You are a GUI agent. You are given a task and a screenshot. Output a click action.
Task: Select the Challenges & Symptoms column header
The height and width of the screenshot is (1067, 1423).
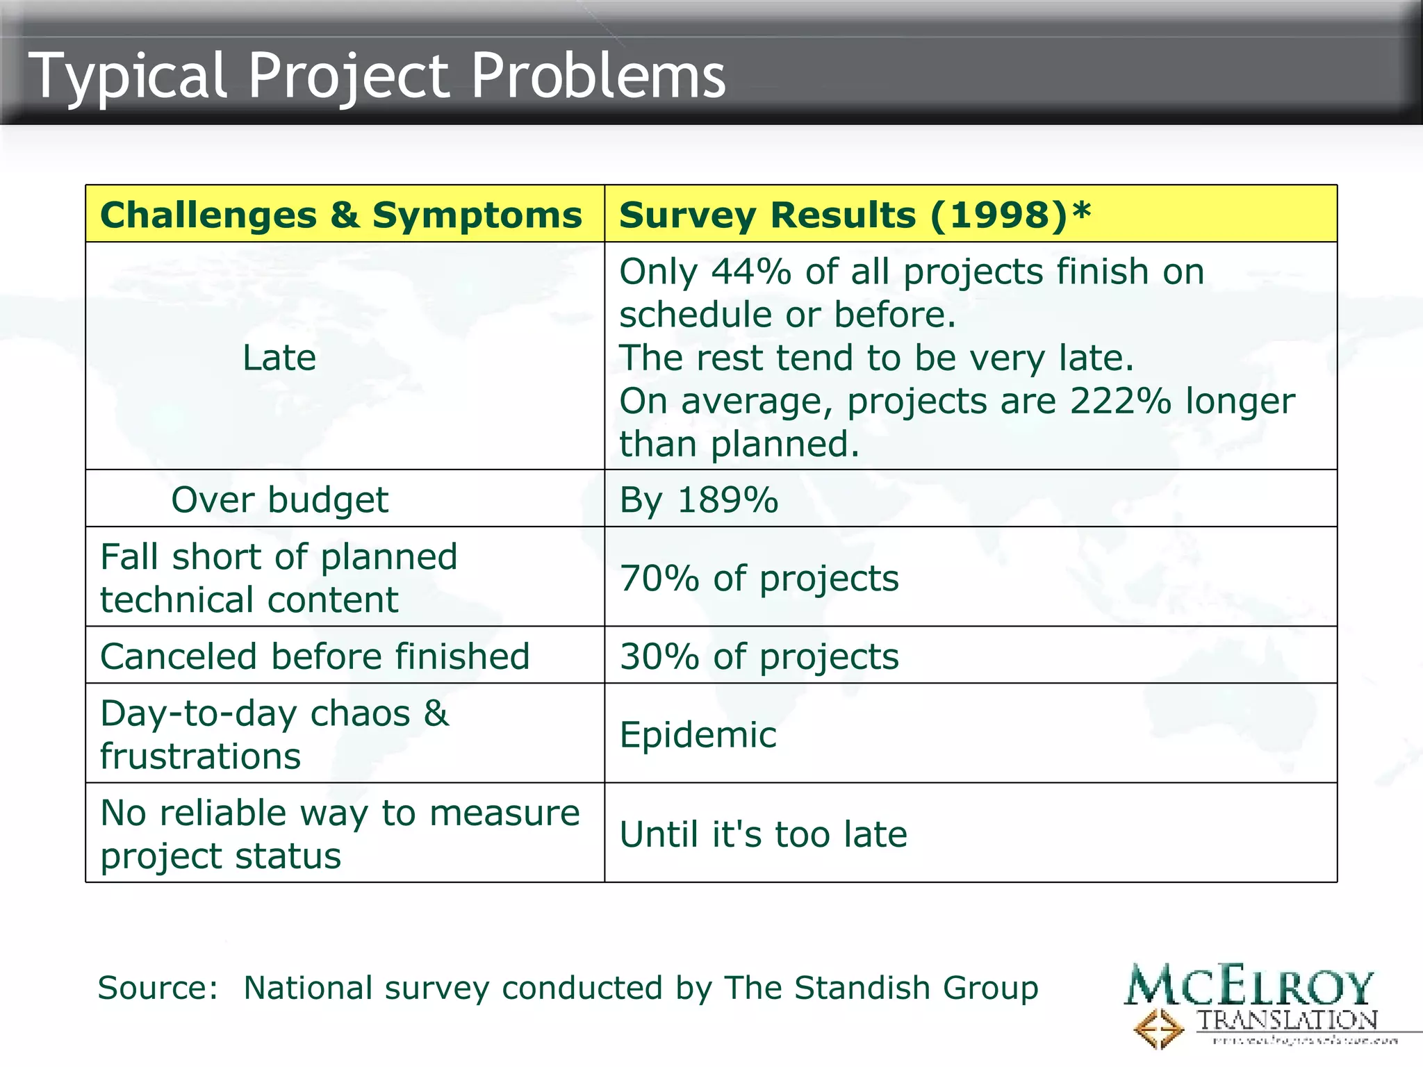pos(341,215)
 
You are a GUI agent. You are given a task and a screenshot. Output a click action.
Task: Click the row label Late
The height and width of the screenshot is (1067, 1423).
pos(279,358)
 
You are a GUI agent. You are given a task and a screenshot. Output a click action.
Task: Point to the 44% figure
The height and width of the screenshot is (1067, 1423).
pos(751,272)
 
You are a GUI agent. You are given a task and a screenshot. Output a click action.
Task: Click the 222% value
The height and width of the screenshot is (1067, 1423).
pos(1121,402)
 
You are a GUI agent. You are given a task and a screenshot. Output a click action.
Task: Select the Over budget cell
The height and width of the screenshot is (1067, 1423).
pos(279,500)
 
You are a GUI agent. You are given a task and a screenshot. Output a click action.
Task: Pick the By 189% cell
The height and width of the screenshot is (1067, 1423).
pos(699,500)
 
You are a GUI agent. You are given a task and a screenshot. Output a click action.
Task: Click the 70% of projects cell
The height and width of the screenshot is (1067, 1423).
pos(759,579)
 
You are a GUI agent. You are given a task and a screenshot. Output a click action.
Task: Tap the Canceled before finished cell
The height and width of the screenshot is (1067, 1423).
pos(315,656)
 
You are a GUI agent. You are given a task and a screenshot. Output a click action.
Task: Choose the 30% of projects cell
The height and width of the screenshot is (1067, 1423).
pos(759,656)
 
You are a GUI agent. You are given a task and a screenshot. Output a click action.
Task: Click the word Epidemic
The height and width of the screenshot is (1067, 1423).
pos(698,735)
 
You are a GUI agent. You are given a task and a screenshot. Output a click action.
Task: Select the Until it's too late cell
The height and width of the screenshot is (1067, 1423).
pos(763,834)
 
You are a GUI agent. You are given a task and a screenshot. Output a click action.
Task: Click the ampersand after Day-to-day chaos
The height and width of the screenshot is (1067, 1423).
pos(436,713)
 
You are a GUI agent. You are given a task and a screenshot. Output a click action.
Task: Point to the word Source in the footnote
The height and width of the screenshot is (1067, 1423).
pos(157,988)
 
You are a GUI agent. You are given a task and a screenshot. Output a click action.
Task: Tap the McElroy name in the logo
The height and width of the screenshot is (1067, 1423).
pos(1249,986)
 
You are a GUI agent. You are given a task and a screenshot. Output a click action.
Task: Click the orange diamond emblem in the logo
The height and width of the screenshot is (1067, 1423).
pos(1158,1028)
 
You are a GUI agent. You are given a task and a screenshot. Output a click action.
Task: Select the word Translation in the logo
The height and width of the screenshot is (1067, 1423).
pos(1287,1020)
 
